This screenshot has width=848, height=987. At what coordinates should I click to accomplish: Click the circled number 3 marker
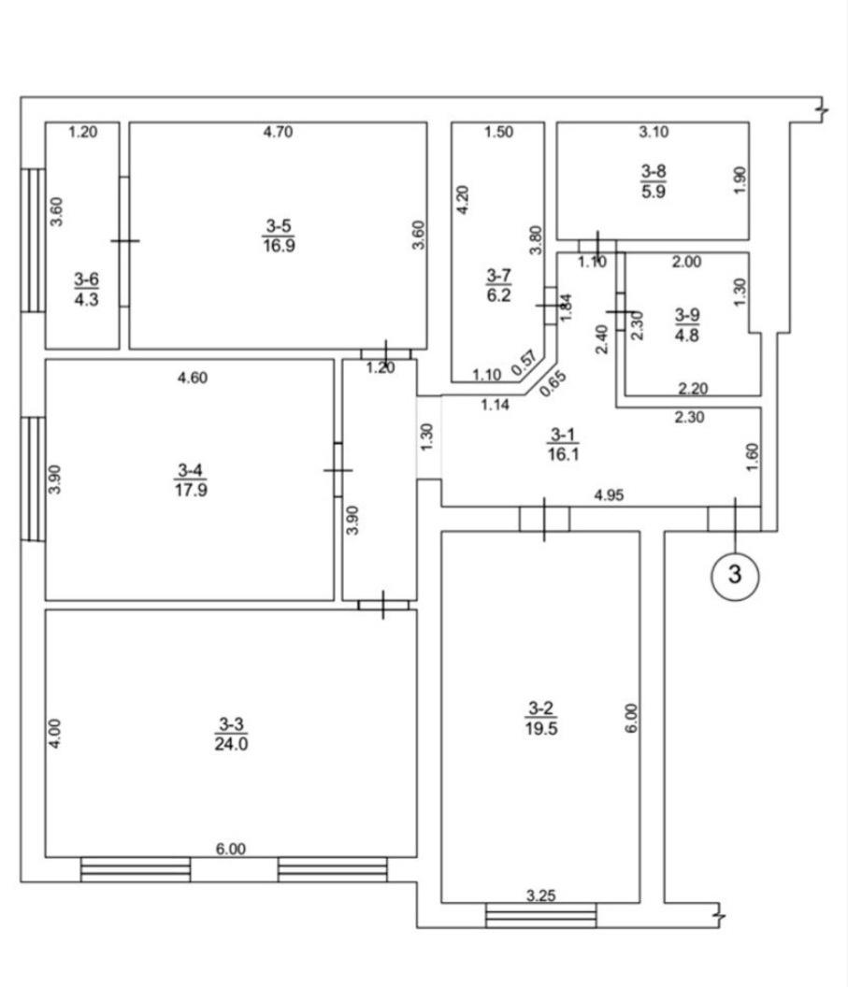735,575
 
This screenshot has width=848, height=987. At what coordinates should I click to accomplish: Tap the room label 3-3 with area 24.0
231,734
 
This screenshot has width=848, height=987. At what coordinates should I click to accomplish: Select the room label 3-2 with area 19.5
540,718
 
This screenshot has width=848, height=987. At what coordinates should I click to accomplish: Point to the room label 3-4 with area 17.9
191,479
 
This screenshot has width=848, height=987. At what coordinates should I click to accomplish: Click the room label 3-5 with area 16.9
279,236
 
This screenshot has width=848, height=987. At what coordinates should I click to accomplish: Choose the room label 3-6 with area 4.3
86,289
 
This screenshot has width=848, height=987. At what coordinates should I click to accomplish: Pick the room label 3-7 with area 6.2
498,285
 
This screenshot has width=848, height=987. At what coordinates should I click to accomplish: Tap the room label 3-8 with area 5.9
654,181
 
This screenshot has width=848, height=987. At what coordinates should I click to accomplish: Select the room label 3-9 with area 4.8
687,325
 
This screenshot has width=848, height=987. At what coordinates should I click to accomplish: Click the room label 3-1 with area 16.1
563,444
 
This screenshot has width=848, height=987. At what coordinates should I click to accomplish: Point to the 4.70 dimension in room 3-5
278,132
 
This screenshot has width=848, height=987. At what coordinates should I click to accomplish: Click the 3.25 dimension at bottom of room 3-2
540,895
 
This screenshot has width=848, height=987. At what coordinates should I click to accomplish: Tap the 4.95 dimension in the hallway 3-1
609,495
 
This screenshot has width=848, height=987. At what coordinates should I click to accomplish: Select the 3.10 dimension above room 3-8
654,132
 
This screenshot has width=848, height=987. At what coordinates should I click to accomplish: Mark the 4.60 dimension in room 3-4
193,379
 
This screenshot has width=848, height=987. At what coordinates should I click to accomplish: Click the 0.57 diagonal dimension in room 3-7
524,364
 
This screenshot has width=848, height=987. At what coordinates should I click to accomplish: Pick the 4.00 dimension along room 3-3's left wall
55,734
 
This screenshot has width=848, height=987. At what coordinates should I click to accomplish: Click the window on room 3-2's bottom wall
540,915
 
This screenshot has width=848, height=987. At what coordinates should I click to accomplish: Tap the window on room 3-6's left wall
33,240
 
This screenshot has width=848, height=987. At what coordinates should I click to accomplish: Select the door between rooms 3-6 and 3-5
124,241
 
